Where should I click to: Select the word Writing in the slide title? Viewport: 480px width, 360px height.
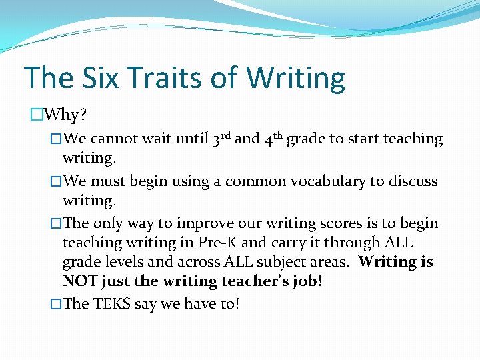(x=295, y=78)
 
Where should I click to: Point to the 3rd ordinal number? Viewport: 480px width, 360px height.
(x=221, y=139)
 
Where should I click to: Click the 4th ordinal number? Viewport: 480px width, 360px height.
(x=273, y=139)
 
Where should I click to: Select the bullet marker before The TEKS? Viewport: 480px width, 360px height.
(x=56, y=304)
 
